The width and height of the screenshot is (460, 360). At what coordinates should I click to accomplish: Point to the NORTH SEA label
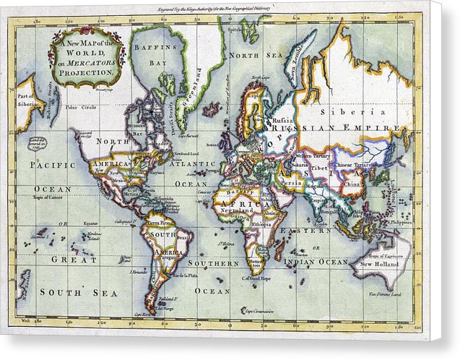click(x=245, y=55)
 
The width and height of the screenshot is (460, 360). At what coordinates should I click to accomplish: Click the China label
click(x=352, y=184)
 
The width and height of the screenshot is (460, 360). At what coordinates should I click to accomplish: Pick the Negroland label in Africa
click(x=238, y=210)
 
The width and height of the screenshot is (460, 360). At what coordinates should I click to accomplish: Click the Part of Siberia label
click(x=27, y=100)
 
